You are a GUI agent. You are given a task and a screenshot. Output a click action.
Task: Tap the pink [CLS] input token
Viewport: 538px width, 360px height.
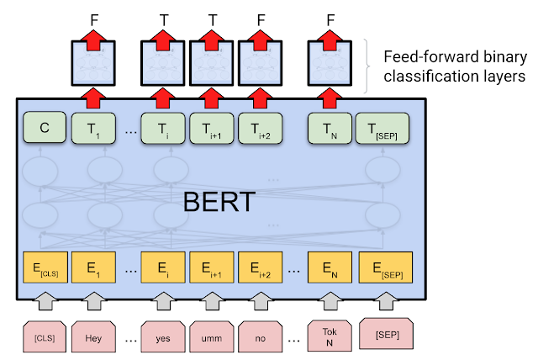(x=45, y=334)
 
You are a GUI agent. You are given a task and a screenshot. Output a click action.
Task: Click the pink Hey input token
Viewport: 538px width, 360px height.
(x=93, y=334)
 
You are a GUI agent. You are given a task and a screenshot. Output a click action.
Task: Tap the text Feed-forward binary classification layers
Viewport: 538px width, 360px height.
(x=453, y=66)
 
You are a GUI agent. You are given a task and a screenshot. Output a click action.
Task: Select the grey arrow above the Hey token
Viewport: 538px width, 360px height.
(x=93, y=299)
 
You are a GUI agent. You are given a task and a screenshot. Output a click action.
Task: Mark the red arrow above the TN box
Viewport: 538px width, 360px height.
(x=330, y=98)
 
